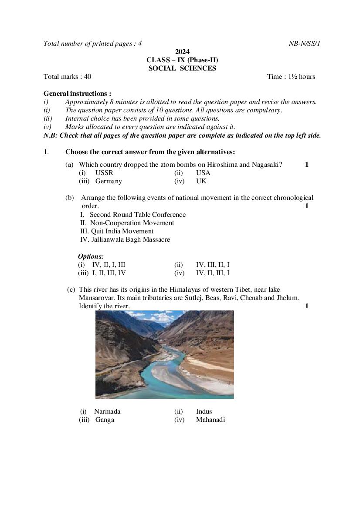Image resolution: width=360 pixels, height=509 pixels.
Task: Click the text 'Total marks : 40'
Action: coord(68,77)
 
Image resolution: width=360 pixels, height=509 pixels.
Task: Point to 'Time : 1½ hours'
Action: coord(291,77)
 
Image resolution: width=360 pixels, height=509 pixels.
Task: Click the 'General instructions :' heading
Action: coord(77,94)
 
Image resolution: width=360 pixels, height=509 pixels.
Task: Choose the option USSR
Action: coord(104,173)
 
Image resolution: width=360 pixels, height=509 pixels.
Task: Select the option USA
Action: coord(203,173)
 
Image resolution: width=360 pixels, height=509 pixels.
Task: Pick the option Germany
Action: coord(109,181)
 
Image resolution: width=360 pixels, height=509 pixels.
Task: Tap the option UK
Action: coord(201,181)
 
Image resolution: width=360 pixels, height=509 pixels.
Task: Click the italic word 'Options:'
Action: coord(91,256)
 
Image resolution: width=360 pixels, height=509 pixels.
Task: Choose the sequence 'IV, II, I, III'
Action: coord(109,265)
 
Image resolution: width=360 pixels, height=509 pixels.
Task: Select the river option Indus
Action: coord(204,411)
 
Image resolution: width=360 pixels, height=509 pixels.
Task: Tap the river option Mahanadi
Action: coord(211,420)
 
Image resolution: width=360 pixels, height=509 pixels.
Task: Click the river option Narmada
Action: coord(107,411)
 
